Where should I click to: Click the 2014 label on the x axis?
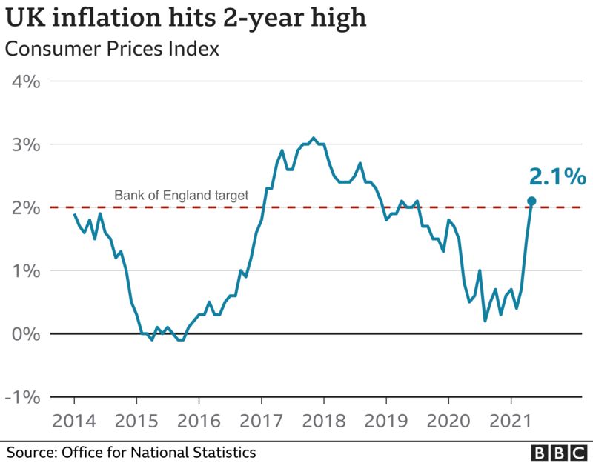pos(74,422)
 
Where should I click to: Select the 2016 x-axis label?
pos(199,422)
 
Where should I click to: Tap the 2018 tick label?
pos(323,422)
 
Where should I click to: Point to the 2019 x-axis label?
pos(385,422)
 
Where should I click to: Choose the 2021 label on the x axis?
pos(511,422)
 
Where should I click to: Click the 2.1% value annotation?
pos(557,177)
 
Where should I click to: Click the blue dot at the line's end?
pos(531,201)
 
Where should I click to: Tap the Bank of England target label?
pos(180,196)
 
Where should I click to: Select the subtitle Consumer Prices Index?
pos(112,50)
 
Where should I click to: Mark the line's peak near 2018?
pos(314,138)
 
